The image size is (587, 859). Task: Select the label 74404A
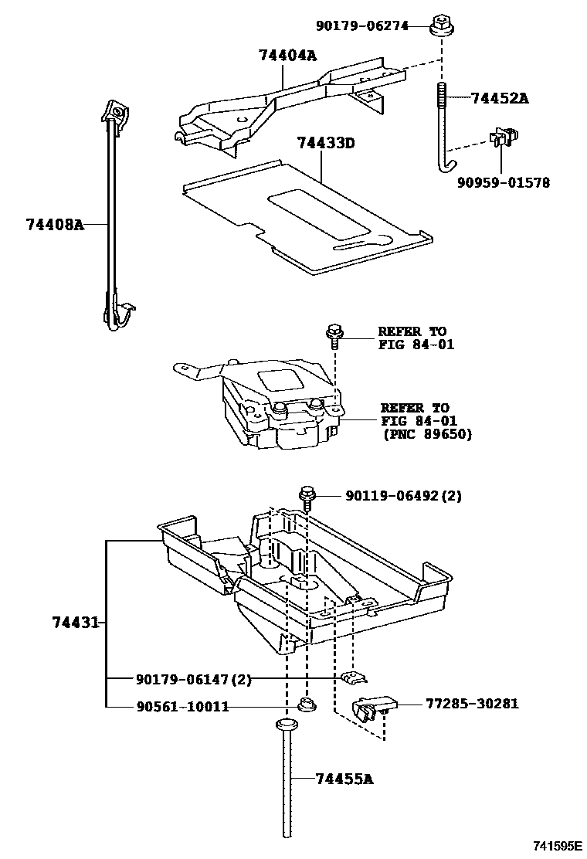tap(287, 56)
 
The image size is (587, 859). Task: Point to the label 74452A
tap(500, 98)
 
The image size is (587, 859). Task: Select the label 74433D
tap(326, 143)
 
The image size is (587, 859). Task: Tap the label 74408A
tap(54, 225)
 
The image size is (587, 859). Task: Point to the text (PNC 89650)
tap(426, 434)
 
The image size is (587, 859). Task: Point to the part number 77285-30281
tap(471, 704)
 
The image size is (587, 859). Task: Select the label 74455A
tap(344, 779)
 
